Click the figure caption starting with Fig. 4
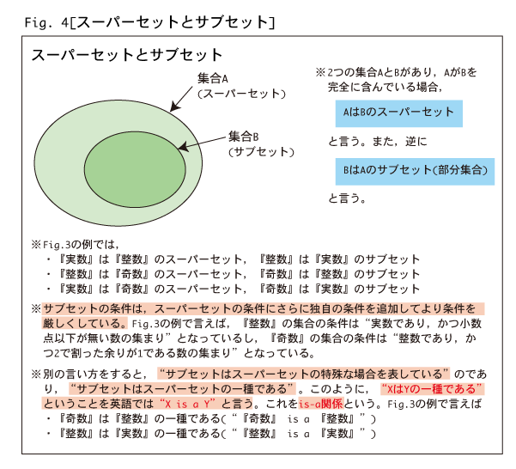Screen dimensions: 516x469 coord(149,22)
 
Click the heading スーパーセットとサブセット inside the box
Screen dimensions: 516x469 coord(127,55)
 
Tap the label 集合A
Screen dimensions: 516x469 coord(213,79)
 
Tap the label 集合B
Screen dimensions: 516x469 coord(244,137)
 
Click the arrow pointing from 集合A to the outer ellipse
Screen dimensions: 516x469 coord(181,99)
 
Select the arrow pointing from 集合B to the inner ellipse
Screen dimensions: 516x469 coord(202,143)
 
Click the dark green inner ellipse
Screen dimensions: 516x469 coord(135,169)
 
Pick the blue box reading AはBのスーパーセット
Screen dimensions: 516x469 coord(399,113)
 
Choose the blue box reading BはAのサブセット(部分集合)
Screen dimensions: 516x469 coord(415,172)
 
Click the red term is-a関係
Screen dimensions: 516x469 coord(321,404)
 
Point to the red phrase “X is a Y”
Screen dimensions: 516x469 coord(187,404)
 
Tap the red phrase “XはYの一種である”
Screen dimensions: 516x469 coord(432,389)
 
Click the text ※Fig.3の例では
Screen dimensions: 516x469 coord(75,245)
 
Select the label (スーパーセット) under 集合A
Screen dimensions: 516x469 coord(241,94)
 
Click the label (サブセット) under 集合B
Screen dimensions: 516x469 coord(261,152)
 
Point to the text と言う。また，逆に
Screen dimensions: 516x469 coord(378,142)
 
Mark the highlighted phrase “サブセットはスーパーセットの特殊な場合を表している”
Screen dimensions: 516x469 coord(303,375)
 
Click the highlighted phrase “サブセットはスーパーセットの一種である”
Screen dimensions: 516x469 coord(182,389)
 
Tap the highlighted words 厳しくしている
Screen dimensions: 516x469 coord(85,323)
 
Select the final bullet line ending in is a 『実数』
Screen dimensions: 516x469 coord(210,434)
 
